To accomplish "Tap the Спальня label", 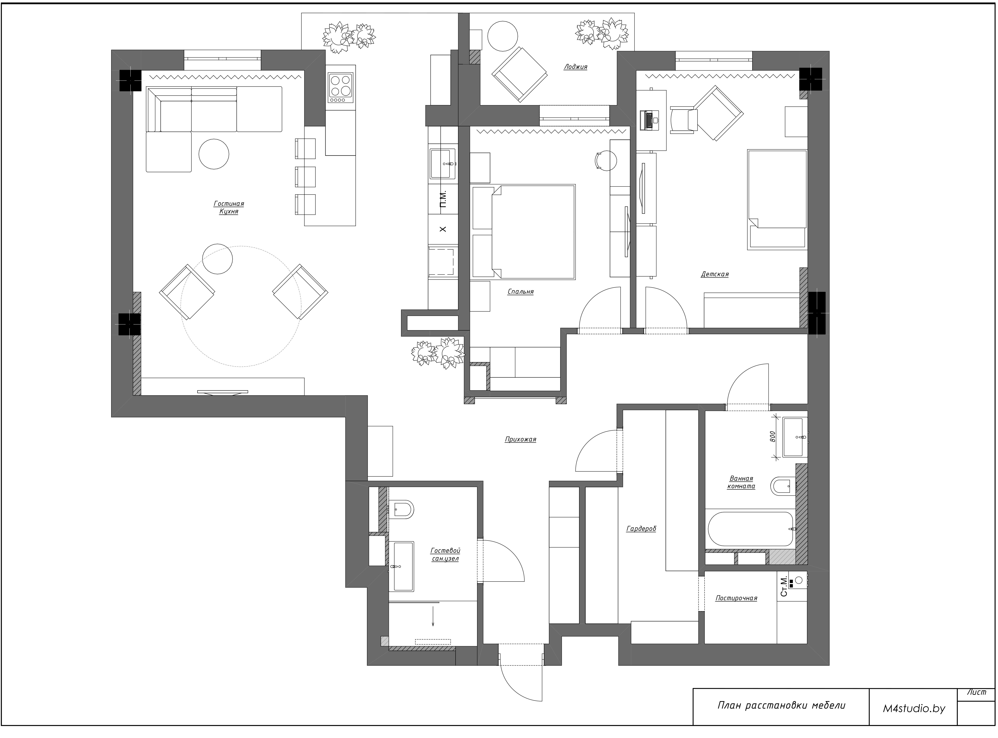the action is tap(521, 292).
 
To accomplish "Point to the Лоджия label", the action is tap(576, 67).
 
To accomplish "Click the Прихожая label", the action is tap(521, 440).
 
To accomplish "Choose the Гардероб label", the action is tap(641, 529).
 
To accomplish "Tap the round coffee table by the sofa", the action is tap(214, 154).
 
